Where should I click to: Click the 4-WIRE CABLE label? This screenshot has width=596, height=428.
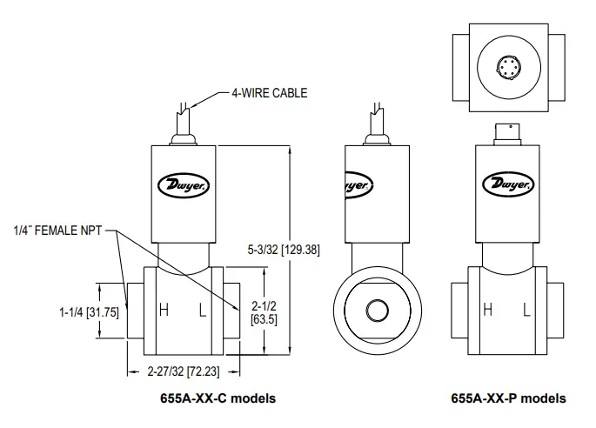point(268,93)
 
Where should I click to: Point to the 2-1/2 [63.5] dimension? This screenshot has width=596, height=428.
point(265,312)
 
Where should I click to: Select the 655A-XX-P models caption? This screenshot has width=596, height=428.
point(507,398)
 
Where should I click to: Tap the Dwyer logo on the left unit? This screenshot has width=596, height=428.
point(182,185)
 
